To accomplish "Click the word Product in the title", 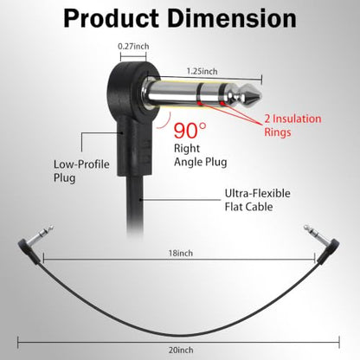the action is click(x=111, y=18).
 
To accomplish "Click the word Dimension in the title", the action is click(x=232, y=18).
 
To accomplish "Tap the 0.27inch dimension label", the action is click(x=133, y=46).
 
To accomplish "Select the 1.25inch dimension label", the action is click(x=202, y=71).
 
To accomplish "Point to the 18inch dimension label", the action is click(x=181, y=253).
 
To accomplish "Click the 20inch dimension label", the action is click(x=181, y=350).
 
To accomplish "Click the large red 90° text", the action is click(x=190, y=131).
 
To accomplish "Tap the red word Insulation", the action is click(x=297, y=119).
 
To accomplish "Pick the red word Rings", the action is click(x=278, y=132).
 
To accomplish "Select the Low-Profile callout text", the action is click(x=81, y=164).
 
